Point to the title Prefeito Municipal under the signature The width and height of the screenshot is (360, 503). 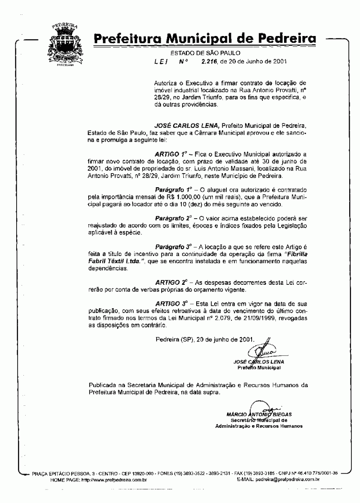point(259,368)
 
